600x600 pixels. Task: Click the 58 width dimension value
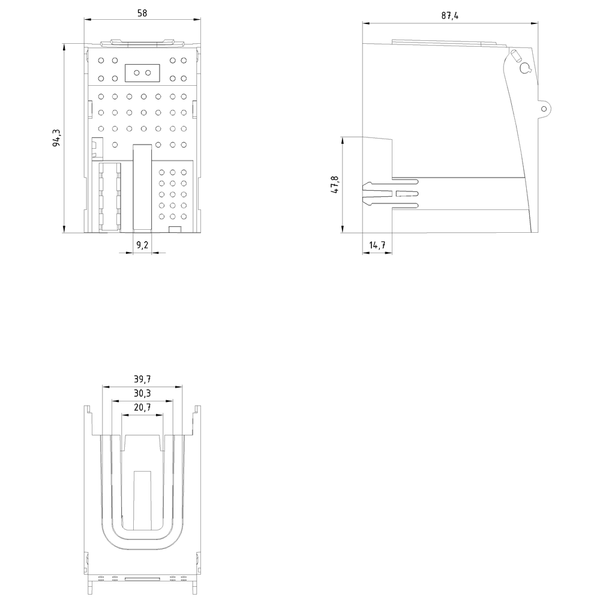point(142,12)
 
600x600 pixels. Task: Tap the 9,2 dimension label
point(142,245)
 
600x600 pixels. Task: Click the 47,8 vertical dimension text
point(334,185)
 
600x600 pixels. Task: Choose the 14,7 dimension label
point(377,245)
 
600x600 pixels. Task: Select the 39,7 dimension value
point(142,379)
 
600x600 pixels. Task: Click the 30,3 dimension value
point(142,393)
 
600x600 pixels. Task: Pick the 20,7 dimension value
point(142,407)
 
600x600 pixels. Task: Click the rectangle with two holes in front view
point(142,73)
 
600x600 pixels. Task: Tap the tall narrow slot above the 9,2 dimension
point(142,188)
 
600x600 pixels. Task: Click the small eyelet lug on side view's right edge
point(544,109)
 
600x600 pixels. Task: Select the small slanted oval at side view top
point(514,56)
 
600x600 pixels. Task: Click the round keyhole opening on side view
point(524,68)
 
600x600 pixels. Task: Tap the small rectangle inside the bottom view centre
point(142,500)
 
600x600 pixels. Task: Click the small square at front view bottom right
point(175,230)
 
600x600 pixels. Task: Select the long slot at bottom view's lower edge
point(142,579)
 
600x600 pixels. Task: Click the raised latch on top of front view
point(142,43)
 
